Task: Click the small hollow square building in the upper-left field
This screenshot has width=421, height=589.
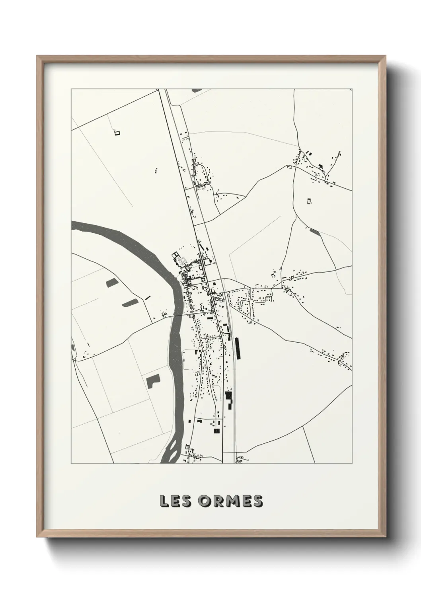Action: pyautogui.click(x=117, y=133)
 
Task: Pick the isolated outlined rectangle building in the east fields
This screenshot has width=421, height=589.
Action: pyautogui.click(x=309, y=201)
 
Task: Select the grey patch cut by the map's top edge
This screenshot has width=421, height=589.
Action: pyautogui.click(x=197, y=90)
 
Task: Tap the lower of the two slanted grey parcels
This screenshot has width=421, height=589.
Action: pyautogui.click(x=130, y=303)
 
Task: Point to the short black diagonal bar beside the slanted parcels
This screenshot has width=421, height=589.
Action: pyautogui.click(x=148, y=297)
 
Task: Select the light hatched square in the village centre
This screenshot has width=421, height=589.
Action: pyautogui.click(x=182, y=261)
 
